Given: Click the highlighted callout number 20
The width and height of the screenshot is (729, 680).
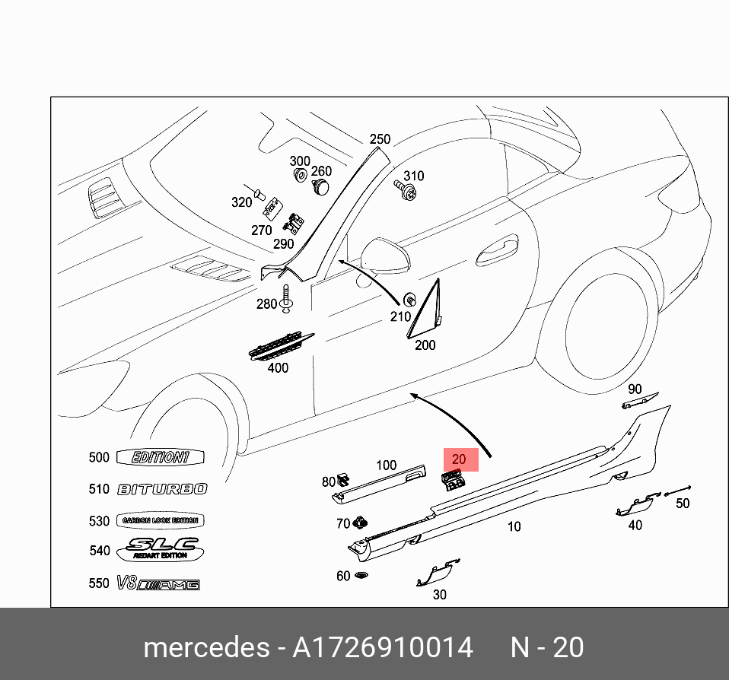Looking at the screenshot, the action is (459, 459).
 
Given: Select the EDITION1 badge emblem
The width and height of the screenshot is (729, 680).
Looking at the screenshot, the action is (161, 457).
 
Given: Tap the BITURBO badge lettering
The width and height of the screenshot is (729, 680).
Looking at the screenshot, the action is (161, 489).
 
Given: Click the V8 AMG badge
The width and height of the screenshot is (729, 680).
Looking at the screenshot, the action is (158, 584).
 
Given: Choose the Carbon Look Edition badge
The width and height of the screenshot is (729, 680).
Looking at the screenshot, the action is (161, 521).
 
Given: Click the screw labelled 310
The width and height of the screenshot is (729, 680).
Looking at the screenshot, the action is (408, 190).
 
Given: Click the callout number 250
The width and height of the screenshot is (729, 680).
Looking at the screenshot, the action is (380, 139).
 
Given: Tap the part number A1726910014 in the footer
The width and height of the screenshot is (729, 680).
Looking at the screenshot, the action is (384, 647).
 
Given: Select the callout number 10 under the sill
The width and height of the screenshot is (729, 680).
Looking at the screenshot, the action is (514, 526).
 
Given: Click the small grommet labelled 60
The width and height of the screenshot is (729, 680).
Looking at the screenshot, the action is (362, 576).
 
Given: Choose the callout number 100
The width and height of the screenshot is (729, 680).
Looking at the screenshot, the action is (387, 465).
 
